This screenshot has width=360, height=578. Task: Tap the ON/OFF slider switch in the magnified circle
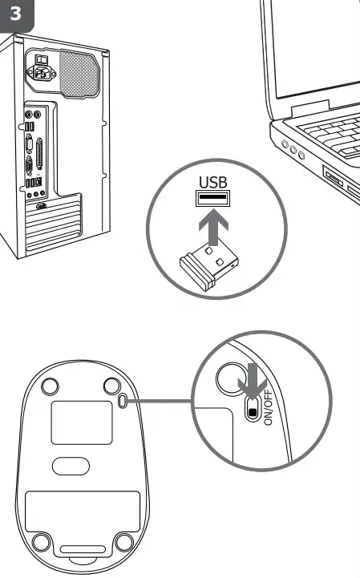click(253, 410)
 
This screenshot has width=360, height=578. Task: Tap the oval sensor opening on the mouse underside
click(71, 466)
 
